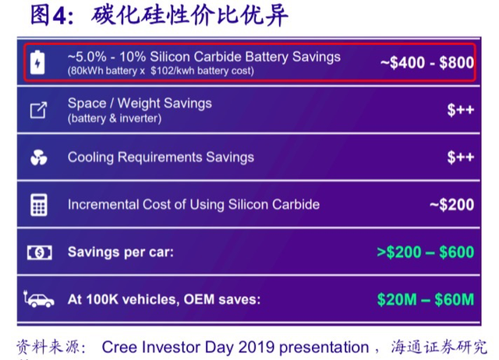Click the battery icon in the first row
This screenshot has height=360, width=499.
coord(37,62)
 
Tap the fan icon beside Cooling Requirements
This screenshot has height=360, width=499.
coord(39,157)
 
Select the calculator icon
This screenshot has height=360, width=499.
coord(39,205)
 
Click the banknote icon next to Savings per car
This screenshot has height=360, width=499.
coord(40,252)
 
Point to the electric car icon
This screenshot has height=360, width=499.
coord(39,299)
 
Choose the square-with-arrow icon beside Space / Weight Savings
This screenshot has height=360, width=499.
coord(38,110)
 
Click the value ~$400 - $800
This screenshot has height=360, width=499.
coord(427,62)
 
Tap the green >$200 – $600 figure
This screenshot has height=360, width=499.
coord(425,252)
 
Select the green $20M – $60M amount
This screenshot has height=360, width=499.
coord(426,299)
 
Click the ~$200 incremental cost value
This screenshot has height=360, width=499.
coord(451,204)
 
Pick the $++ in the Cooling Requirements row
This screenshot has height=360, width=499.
coord(461,157)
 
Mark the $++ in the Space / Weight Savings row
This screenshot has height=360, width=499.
coord(461,110)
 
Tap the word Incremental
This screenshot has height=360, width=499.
coord(104,204)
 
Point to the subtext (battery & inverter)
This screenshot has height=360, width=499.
coord(115,118)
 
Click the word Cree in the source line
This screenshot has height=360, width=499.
coord(120,347)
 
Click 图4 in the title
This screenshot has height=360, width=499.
coord(48,16)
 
